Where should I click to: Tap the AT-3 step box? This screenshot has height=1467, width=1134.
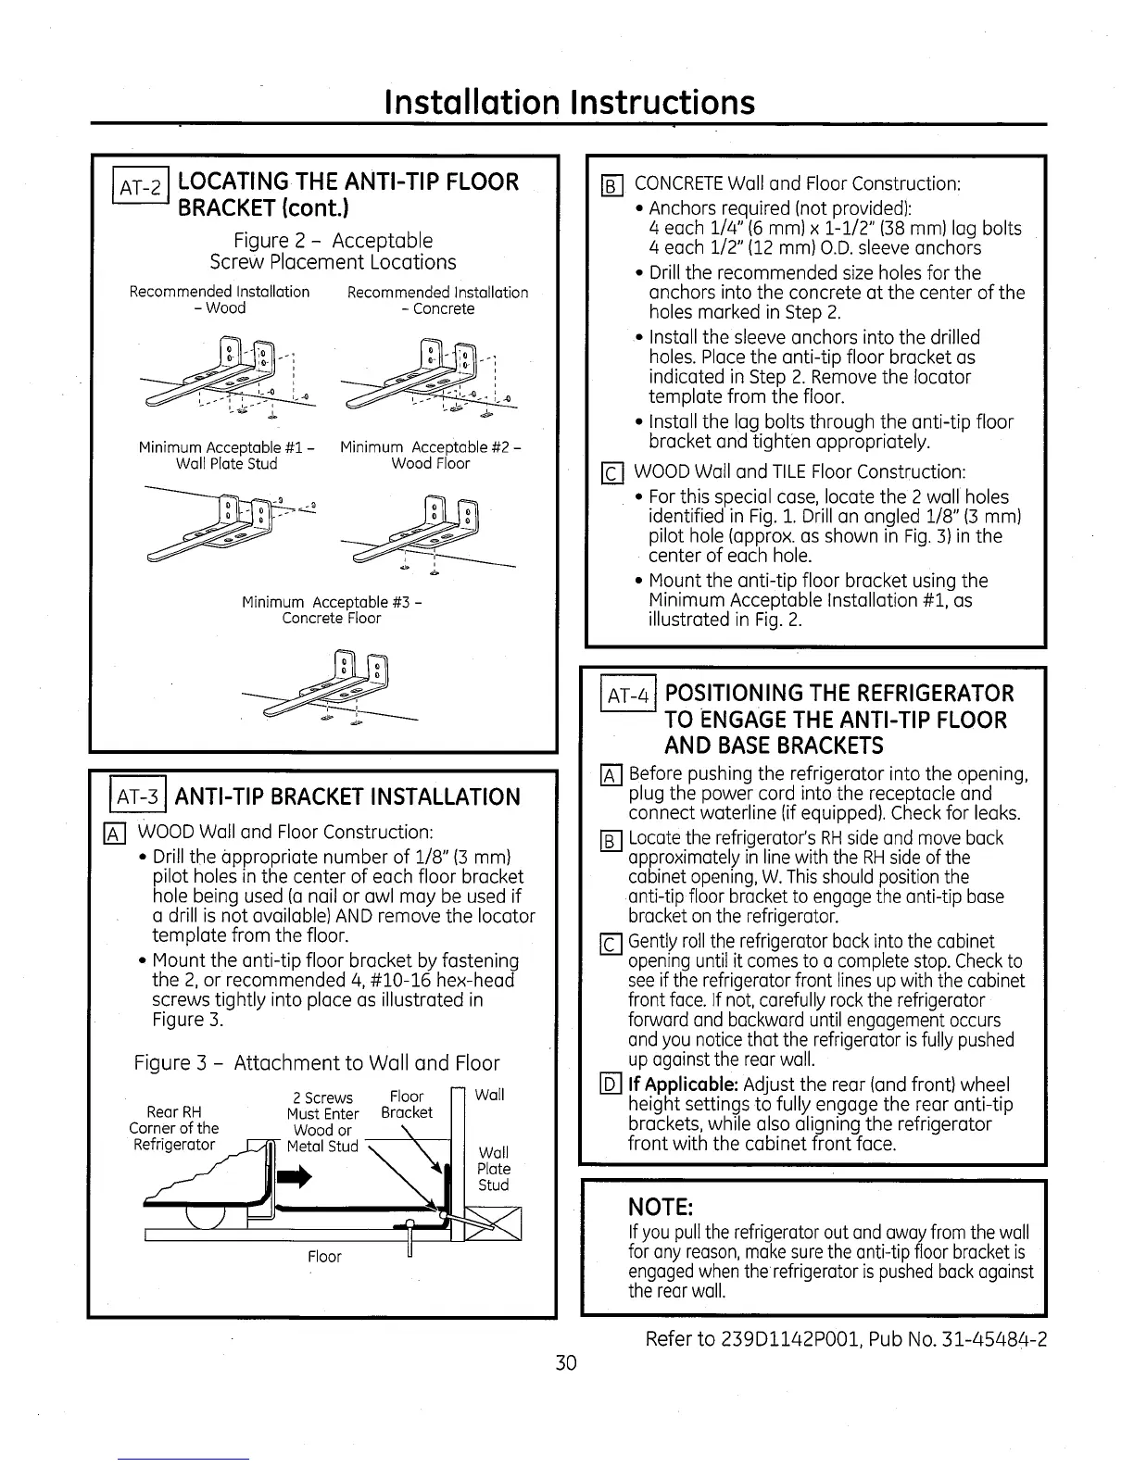click(x=139, y=797)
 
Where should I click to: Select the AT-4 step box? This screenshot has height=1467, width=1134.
click(x=628, y=694)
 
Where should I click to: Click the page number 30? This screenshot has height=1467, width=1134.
click(x=566, y=1362)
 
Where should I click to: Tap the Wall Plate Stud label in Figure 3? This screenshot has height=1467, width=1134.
click(x=493, y=1169)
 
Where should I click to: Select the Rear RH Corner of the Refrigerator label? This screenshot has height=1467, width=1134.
click(x=174, y=1128)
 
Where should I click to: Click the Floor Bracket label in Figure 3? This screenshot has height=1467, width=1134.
click(x=406, y=1104)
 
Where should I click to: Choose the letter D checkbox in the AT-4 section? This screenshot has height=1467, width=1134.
click(x=612, y=1085)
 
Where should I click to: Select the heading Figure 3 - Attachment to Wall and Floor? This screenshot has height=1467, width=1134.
click(x=317, y=1062)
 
